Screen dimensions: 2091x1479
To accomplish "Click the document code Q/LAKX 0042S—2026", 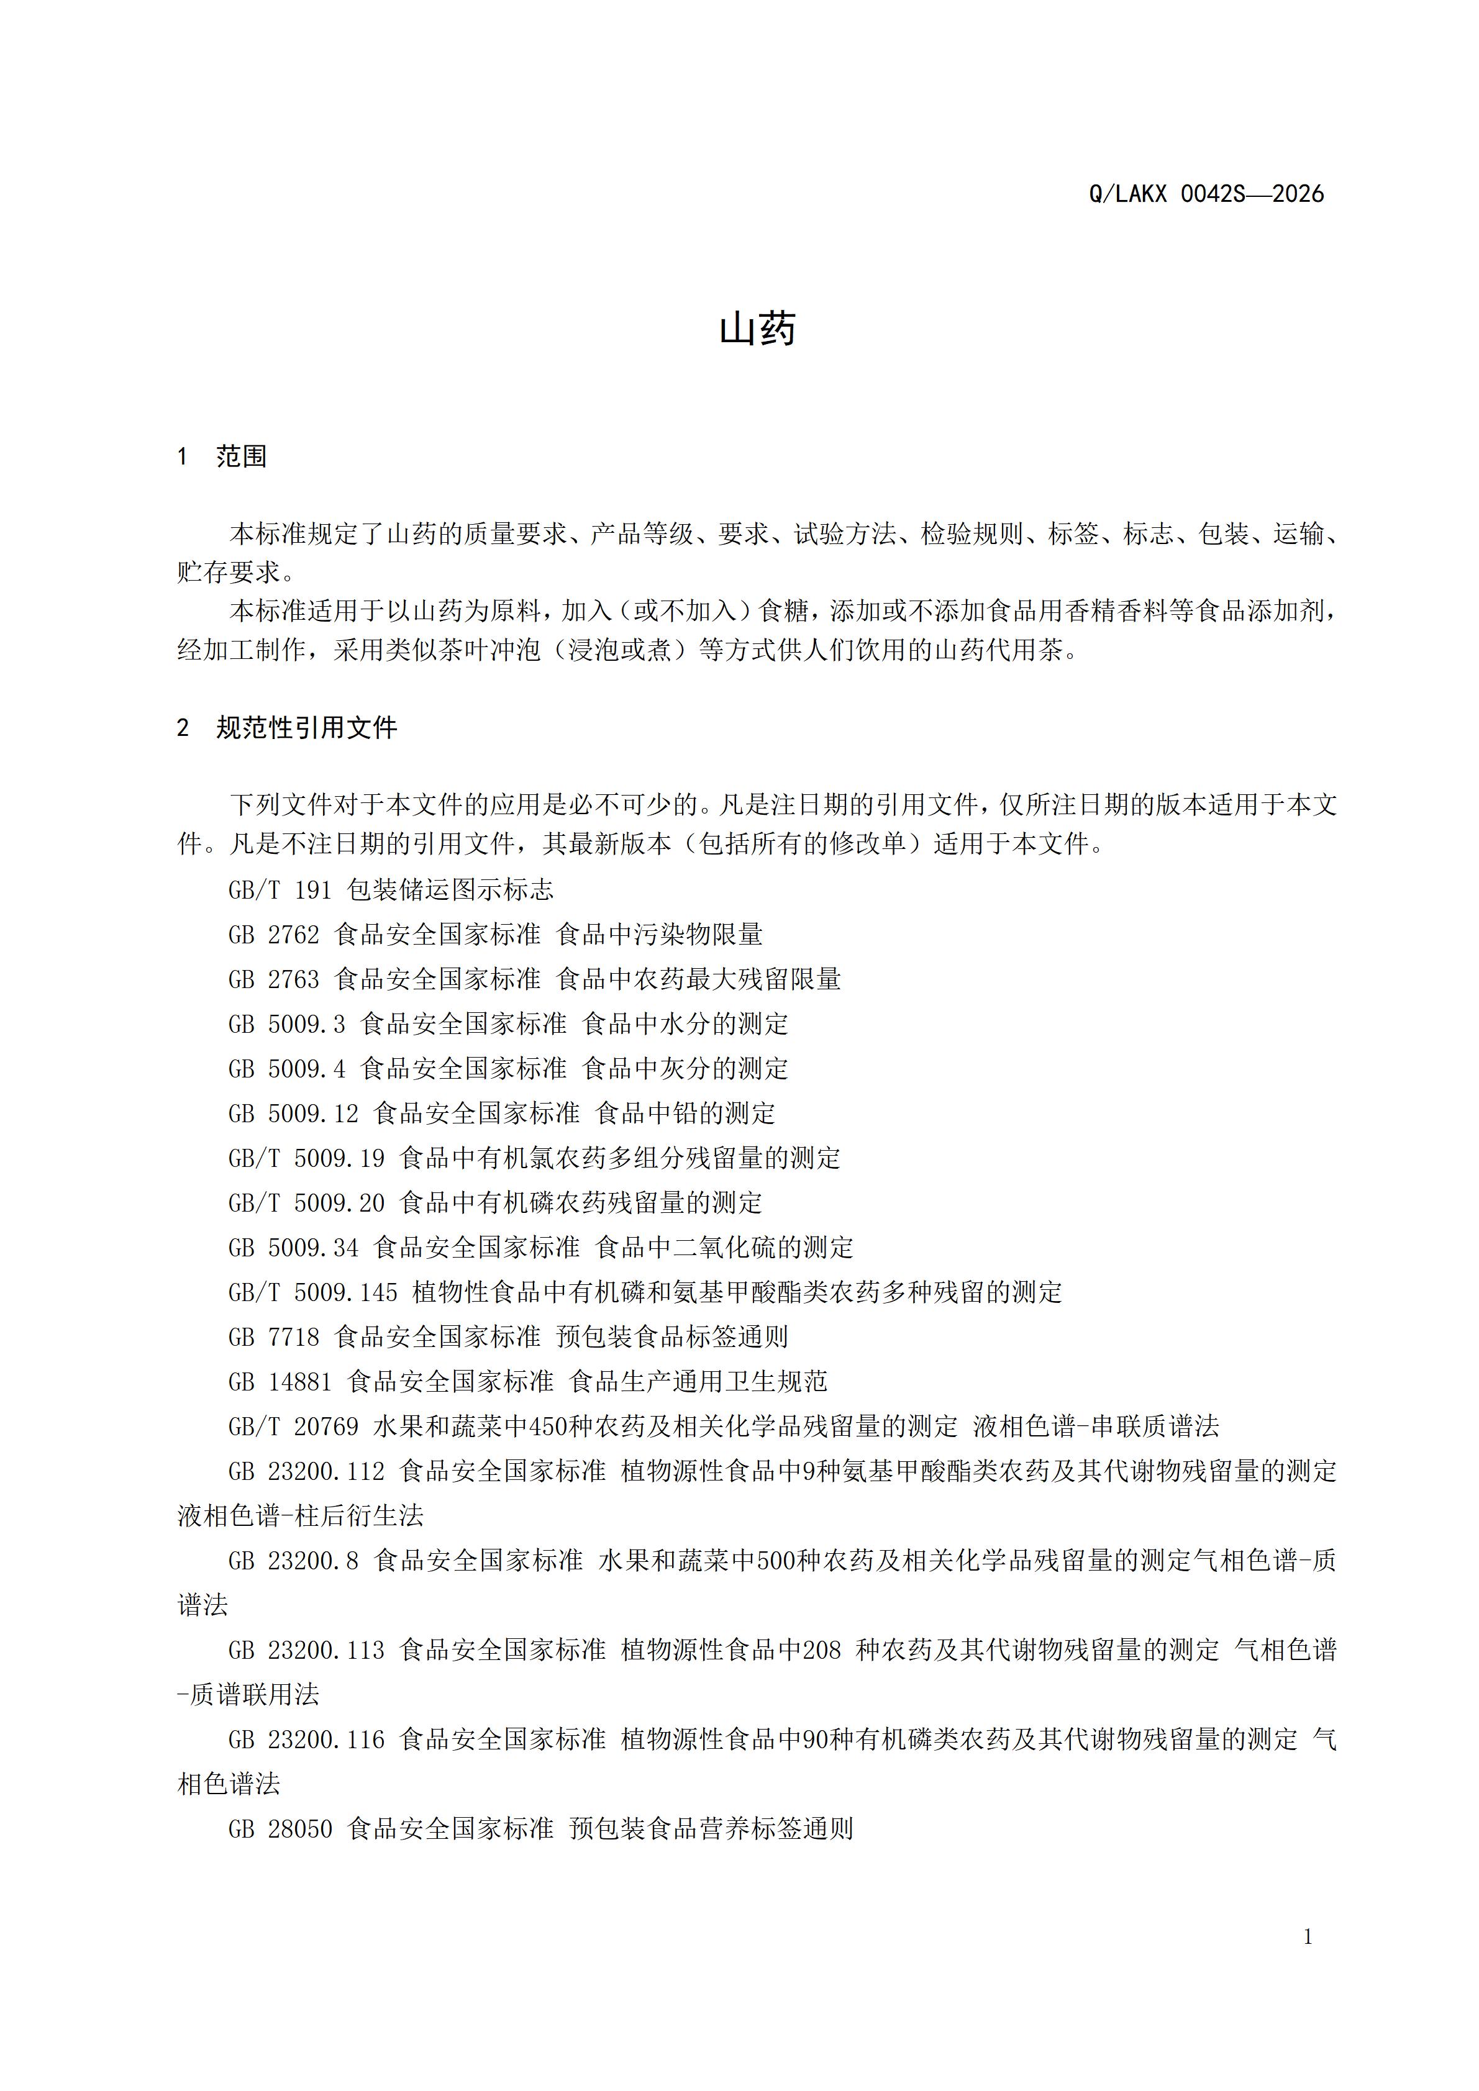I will [x=1206, y=194].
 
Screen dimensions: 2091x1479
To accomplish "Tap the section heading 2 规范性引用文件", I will [x=287, y=728].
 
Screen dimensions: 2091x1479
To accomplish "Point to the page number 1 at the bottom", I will [x=1308, y=1936].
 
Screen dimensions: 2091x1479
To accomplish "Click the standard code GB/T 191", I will [x=280, y=890].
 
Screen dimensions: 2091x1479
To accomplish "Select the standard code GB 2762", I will [x=273, y=935].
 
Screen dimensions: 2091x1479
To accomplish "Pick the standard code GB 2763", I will [x=273, y=979].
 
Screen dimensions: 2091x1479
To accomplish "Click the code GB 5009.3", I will [x=286, y=1023].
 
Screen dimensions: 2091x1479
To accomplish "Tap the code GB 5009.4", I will [x=286, y=1068].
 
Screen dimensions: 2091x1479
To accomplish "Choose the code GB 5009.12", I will [x=293, y=1113].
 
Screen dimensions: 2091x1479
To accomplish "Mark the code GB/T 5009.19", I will [x=306, y=1158].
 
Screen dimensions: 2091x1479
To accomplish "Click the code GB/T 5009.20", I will [x=306, y=1203].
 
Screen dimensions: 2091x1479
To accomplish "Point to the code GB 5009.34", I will [x=293, y=1248].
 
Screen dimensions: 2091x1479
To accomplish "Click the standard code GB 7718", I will [x=273, y=1337].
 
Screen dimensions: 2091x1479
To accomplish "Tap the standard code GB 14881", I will [x=280, y=1382].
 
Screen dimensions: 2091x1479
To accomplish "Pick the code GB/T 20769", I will [x=293, y=1426].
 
